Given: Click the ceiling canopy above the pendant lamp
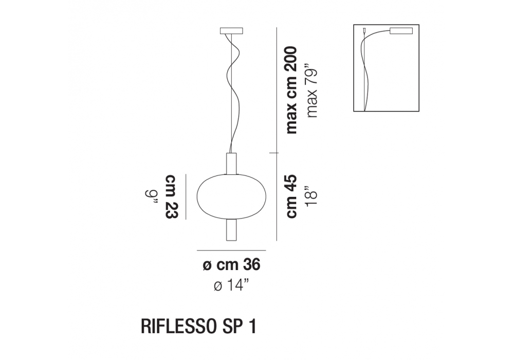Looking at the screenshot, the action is (231, 31).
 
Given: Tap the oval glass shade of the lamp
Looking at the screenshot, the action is (231, 196).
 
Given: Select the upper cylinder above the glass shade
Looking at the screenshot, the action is (231, 163).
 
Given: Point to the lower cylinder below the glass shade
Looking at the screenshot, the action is (231, 230).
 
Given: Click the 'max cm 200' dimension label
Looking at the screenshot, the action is (291, 90).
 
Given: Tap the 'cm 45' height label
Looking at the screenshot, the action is (291, 196).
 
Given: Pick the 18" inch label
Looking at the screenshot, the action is (311, 196).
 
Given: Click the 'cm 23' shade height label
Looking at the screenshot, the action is (171, 196).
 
